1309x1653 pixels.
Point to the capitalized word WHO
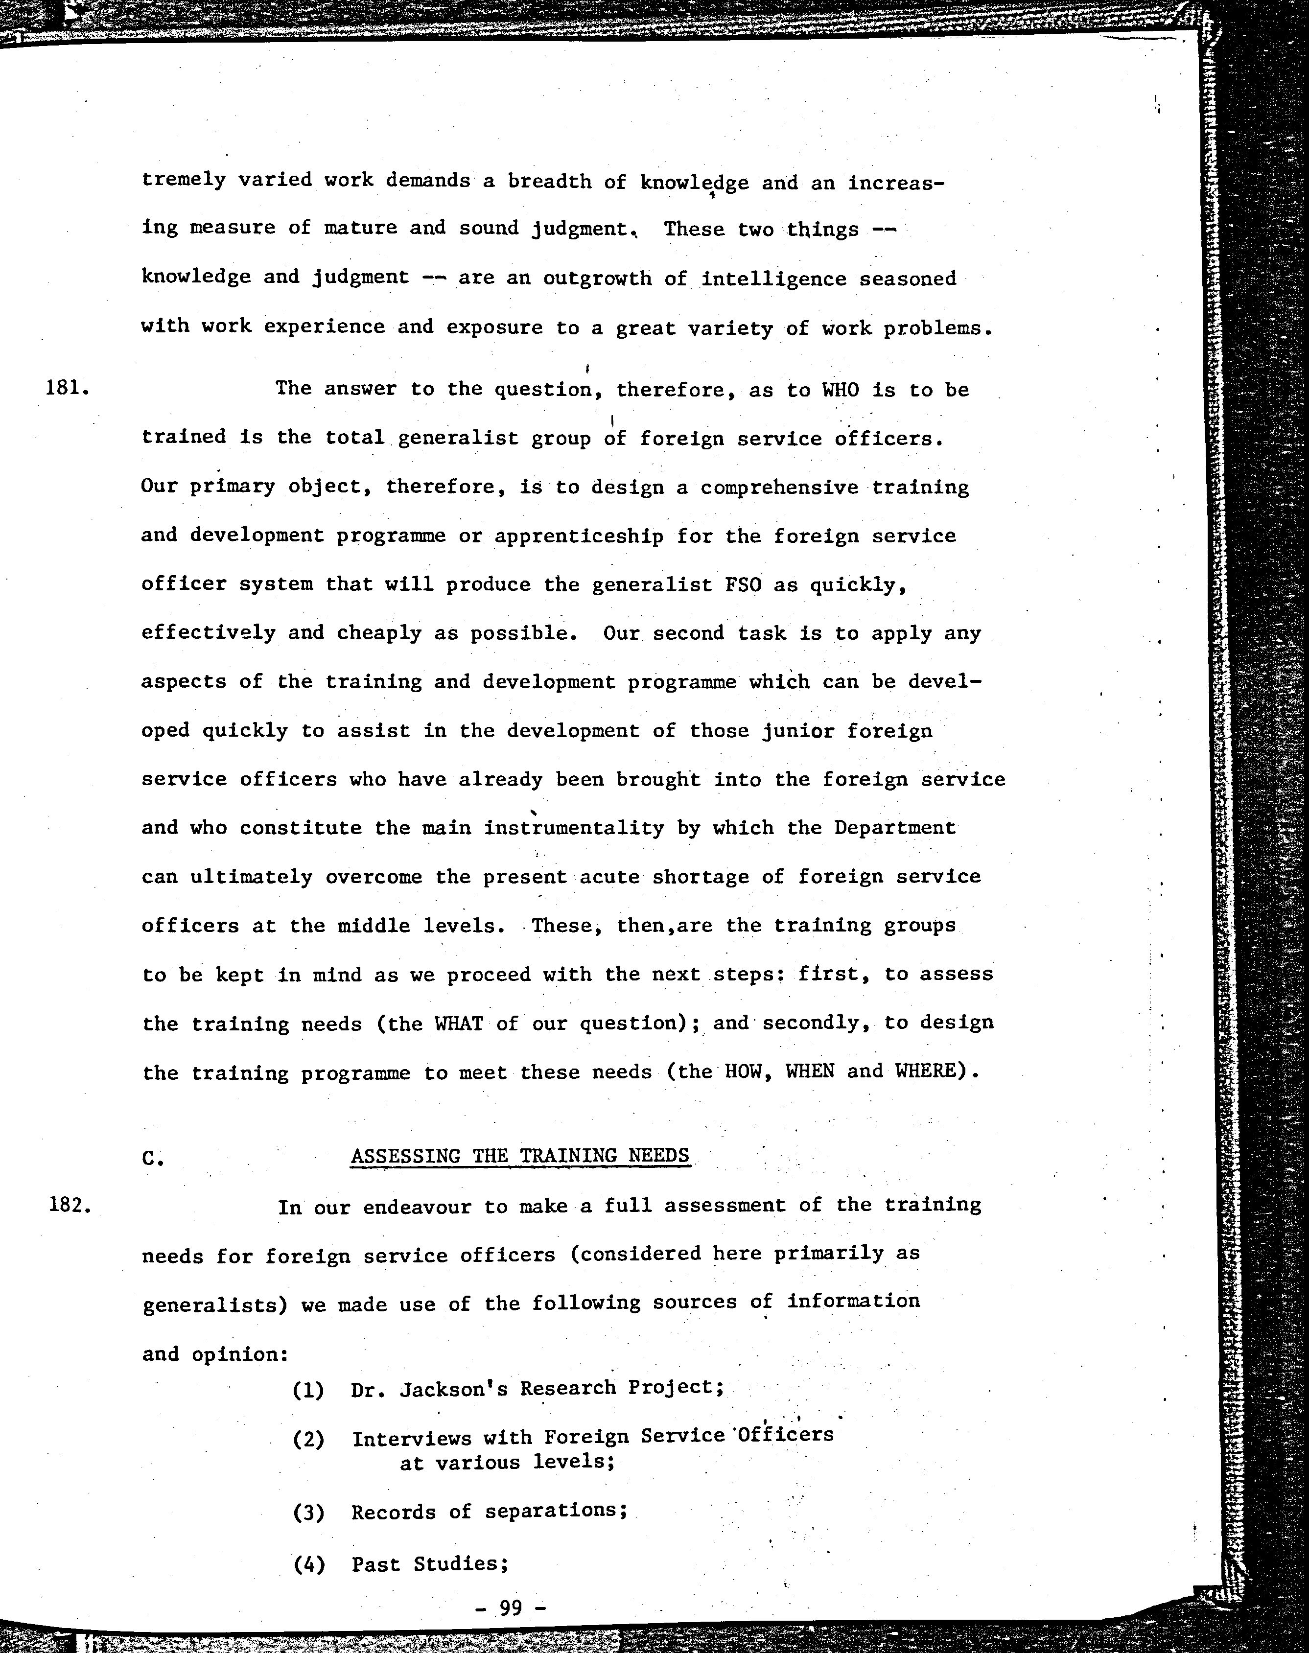(841, 390)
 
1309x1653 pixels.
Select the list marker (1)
(308, 1389)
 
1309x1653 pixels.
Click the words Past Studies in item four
(430, 1563)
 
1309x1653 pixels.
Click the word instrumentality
(574, 828)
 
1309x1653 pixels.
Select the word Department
(894, 828)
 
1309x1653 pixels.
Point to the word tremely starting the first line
(184, 180)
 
